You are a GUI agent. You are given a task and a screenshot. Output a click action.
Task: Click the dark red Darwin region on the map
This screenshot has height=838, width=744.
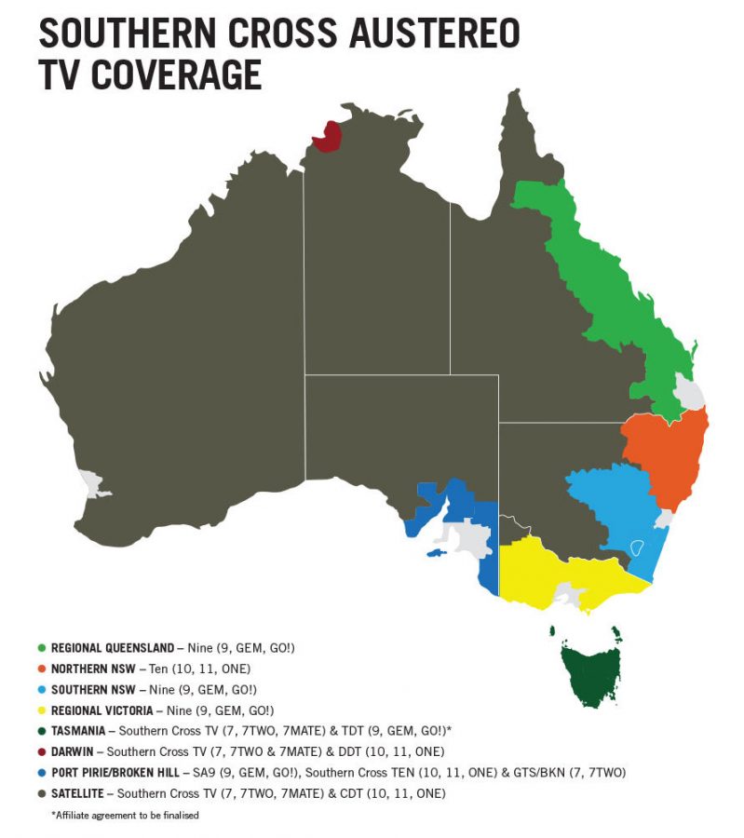[326, 138]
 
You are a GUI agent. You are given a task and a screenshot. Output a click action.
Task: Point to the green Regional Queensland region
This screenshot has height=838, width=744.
[605, 279]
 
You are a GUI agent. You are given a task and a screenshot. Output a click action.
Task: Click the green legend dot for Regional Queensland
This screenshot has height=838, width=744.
[42, 647]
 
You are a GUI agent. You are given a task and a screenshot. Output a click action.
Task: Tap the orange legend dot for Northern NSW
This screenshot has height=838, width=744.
[42, 669]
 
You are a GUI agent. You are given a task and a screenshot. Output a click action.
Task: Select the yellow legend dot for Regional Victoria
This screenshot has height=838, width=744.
[42, 710]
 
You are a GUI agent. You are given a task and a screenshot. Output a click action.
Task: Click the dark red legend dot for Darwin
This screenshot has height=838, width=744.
[42, 751]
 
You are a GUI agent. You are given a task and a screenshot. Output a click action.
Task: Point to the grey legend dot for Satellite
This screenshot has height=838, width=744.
[42, 793]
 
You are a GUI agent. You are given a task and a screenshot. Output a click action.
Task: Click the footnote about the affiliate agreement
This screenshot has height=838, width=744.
[125, 816]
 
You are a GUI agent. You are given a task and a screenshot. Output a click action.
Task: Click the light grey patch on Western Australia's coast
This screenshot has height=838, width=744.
[92, 483]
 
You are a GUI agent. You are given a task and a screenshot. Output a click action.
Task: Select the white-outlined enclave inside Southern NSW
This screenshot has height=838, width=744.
[638, 547]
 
